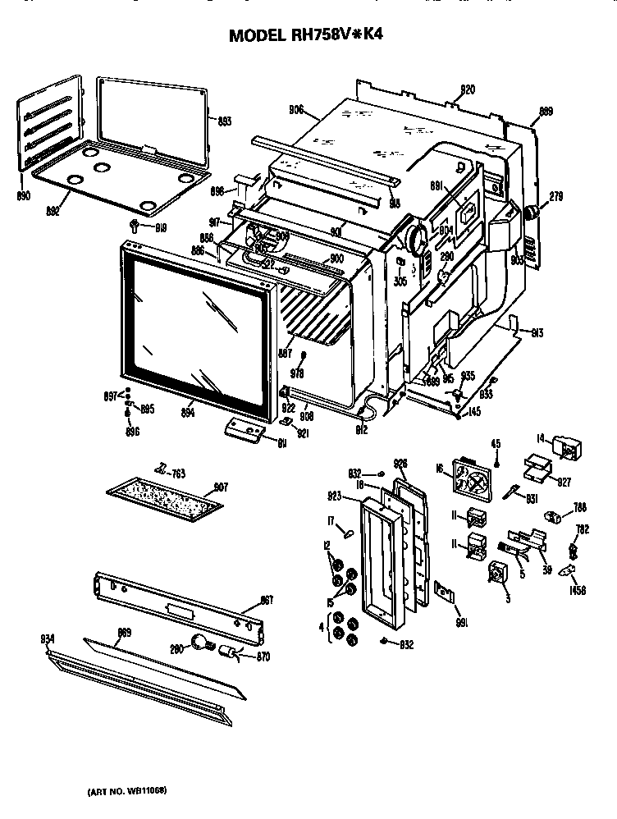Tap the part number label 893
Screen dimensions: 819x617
click(223, 121)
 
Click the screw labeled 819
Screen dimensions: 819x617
click(134, 224)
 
